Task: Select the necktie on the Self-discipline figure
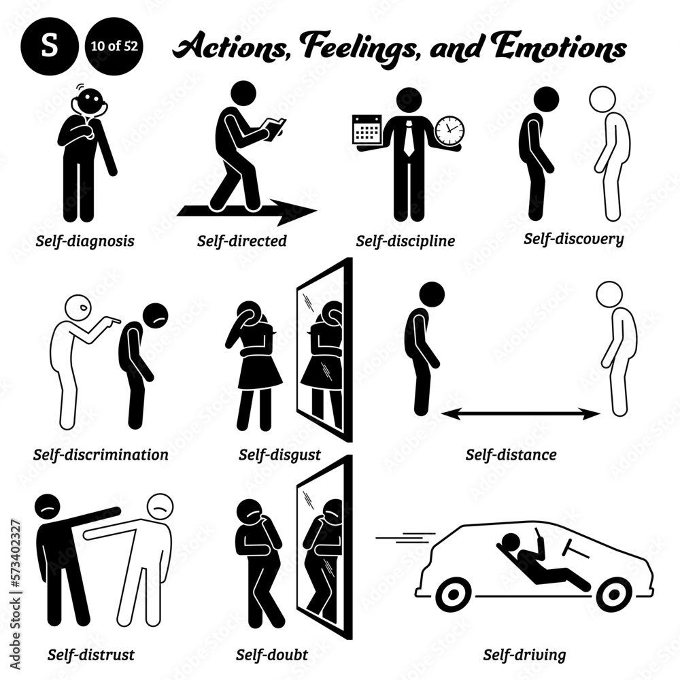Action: point(409,135)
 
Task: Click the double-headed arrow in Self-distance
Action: point(521,413)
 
